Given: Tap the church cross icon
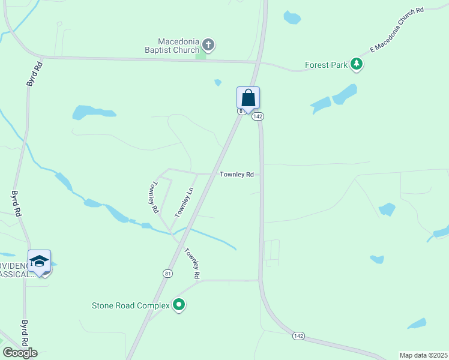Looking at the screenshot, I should (x=208, y=44).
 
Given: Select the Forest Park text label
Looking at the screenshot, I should (x=326, y=65).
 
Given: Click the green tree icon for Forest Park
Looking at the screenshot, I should (x=357, y=64).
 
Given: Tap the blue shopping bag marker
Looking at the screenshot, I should (x=248, y=98).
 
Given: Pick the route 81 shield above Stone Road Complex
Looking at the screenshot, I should (x=168, y=273).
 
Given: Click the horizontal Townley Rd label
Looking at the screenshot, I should (x=237, y=175).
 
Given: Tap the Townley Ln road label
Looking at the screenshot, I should (x=184, y=203).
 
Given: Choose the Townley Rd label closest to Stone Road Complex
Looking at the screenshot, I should (x=191, y=263).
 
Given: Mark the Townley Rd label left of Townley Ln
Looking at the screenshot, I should (x=155, y=197).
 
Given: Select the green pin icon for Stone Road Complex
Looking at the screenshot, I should (x=178, y=305).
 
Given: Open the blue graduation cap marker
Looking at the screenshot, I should (x=39, y=262).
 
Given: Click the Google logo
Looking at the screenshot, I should (x=20, y=353).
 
